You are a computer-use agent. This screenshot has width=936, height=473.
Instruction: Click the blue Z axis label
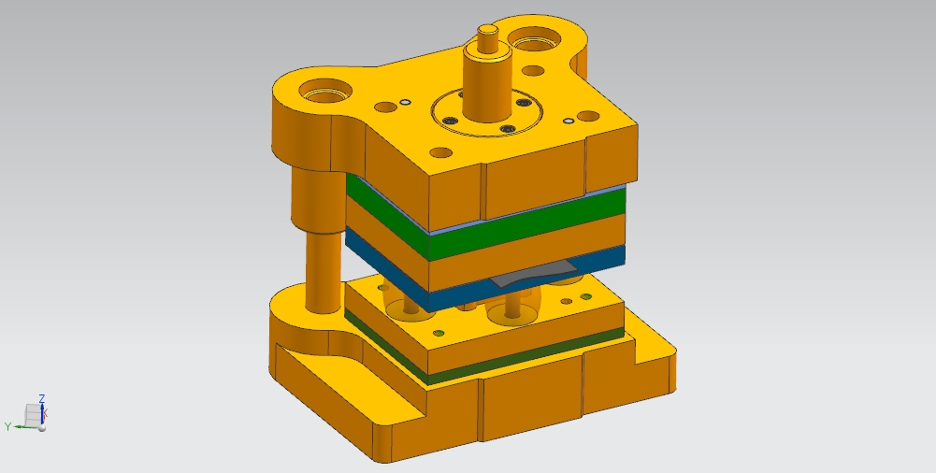pos(42,398)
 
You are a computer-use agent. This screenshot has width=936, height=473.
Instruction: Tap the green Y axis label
pos(7,426)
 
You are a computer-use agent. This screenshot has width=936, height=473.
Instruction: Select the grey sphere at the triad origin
pos(42,427)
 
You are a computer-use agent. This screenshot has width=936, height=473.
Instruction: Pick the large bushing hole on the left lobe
pos(324,92)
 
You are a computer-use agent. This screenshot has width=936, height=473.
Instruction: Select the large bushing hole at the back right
pos(534,40)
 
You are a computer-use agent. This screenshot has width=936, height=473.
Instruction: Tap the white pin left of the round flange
pos(405,102)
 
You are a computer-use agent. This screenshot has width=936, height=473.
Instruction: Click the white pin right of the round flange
pos(569,122)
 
